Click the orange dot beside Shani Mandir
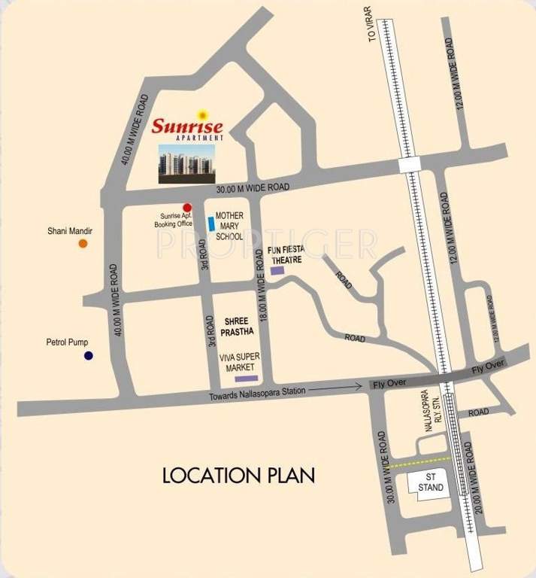[x=83, y=243]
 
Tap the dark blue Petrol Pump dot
[x=88, y=355]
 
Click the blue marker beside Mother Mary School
[x=210, y=224]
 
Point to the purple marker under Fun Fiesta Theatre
[x=277, y=269]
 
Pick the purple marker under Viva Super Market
[x=246, y=378]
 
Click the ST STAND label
[x=432, y=482]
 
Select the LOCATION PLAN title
[x=239, y=476]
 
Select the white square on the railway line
[x=410, y=165]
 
